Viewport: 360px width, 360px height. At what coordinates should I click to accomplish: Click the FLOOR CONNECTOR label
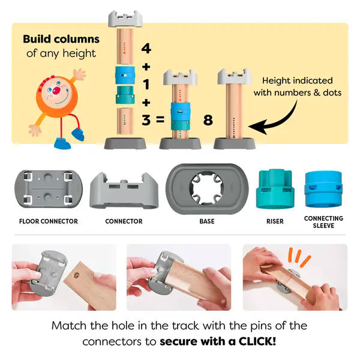point(49,221)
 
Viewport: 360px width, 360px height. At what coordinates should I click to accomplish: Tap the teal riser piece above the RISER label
point(275,189)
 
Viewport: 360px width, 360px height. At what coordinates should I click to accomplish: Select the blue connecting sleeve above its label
point(323,189)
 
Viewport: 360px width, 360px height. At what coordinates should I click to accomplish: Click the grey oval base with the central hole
point(207,189)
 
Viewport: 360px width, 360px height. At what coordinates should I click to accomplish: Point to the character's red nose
point(56,91)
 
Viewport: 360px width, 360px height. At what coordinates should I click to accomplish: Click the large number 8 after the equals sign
point(208,120)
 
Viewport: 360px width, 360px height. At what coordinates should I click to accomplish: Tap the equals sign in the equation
point(160,119)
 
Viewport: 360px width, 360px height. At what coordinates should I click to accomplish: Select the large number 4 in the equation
point(146,49)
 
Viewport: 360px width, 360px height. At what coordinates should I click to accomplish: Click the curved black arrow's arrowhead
point(257,127)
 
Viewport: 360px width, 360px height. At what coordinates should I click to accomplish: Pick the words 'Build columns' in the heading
point(61,39)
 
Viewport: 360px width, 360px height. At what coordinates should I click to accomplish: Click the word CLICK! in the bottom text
point(257,341)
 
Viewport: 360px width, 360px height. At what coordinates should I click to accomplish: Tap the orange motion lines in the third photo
point(299,257)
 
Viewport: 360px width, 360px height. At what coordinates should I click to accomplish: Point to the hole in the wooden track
point(76,275)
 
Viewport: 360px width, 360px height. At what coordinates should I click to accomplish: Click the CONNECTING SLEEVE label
point(323,222)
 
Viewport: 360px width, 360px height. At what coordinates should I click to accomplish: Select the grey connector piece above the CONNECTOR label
point(124,191)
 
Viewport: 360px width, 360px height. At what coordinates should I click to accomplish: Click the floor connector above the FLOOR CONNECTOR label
point(49,189)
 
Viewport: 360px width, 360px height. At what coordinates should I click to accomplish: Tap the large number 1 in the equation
point(146,84)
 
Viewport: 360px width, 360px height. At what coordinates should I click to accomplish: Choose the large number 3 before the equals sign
point(146,120)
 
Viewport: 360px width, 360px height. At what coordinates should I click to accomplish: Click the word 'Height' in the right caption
point(276,81)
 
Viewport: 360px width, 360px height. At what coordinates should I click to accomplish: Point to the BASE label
point(207,221)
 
